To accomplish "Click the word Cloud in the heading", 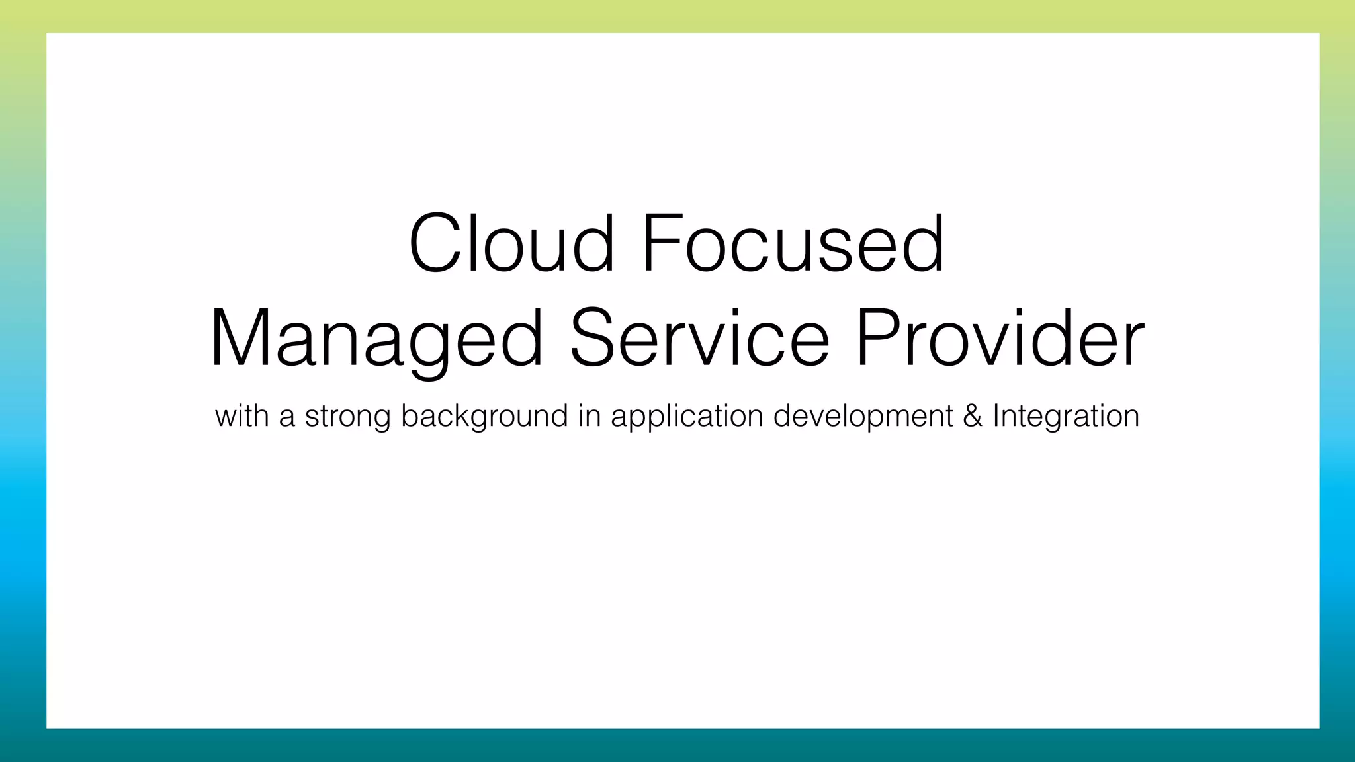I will point(511,243).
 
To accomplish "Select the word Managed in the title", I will point(376,339).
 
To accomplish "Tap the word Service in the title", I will point(699,339).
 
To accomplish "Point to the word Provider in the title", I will point(1000,339).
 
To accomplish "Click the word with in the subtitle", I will point(241,416).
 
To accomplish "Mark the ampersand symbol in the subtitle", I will point(973,416).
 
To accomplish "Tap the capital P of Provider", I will point(877,339).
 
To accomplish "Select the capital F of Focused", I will point(659,243).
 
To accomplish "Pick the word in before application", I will point(589,416).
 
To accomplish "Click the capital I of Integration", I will point(996,416).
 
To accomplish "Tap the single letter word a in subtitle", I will point(286,418).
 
